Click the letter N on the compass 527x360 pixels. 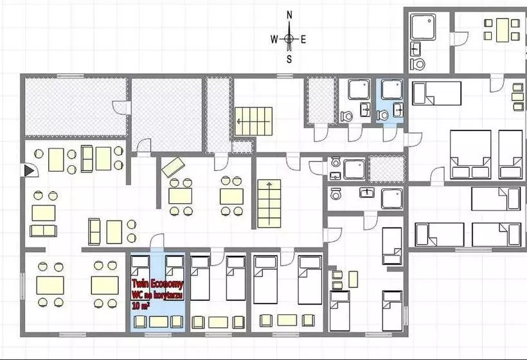[289, 15]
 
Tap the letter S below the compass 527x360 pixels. [289, 60]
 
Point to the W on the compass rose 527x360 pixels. [274, 40]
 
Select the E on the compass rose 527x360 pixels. [303, 40]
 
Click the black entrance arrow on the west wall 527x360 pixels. [29, 170]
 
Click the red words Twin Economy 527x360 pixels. [157, 284]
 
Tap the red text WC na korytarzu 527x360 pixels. [157, 295]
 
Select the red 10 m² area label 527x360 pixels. [141, 305]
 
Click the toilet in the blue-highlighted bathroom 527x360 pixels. [382, 115]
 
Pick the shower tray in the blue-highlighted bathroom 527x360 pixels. [392, 89]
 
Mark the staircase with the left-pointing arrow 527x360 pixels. [253, 122]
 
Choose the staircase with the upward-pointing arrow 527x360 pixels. [269, 204]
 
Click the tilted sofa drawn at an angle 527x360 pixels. [173, 167]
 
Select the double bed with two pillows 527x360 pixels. [470, 155]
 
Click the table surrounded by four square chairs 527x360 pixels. [502, 30]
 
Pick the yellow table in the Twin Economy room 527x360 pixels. [159, 321]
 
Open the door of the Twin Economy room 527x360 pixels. [157, 243]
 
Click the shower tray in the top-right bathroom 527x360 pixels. [423, 26]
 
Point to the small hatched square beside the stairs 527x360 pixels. [242, 147]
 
